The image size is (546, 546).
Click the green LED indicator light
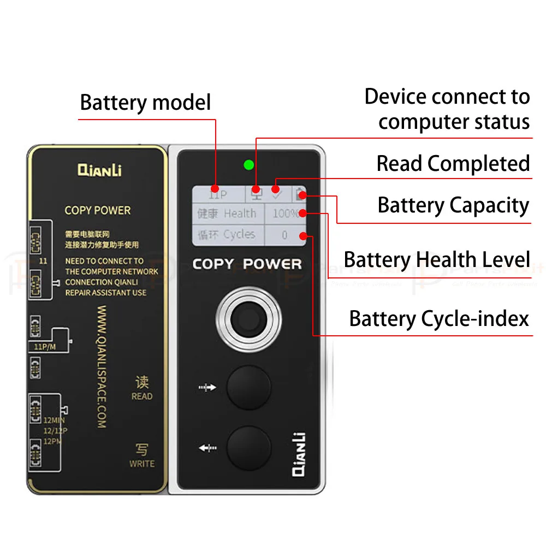(x=248, y=164)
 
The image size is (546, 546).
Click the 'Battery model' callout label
(x=145, y=102)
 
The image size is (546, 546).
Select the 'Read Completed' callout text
(x=453, y=163)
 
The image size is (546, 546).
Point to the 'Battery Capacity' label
(x=453, y=205)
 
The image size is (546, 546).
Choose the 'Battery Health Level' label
(x=437, y=259)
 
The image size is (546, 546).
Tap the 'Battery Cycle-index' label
(x=440, y=318)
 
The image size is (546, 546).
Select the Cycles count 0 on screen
(x=284, y=235)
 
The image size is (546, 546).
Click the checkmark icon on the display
(x=276, y=194)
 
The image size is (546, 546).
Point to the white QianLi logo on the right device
(x=299, y=454)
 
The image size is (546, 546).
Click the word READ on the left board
(x=141, y=396)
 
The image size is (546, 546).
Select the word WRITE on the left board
(x=141, y=464)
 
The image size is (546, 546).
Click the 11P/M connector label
(x=45, y=347)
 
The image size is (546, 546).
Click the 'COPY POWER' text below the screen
(x=247, y=264)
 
